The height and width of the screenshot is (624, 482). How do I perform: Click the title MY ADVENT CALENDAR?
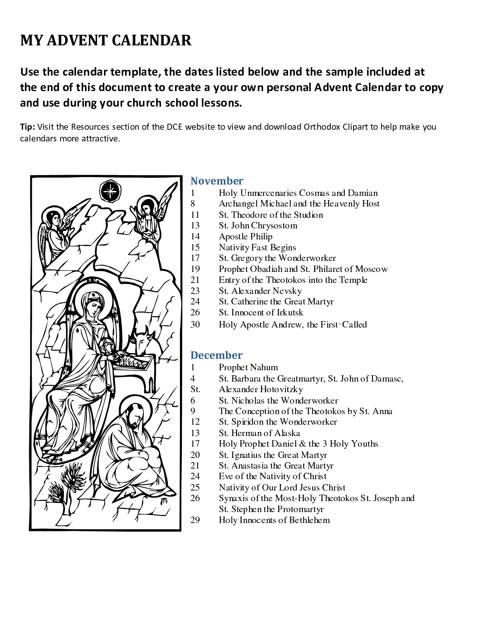point(106,40)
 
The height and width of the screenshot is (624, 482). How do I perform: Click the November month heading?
point(217,181)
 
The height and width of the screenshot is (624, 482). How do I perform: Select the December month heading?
point(216,355)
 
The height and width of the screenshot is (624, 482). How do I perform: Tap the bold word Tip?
point(28,127)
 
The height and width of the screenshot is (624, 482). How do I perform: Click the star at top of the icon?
point(110,191)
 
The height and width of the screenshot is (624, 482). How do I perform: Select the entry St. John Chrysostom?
point(258,225)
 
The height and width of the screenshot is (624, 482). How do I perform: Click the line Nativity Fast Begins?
point(257,247)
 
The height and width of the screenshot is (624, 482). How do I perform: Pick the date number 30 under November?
point(195,324)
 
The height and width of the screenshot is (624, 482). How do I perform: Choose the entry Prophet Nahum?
point(248,367)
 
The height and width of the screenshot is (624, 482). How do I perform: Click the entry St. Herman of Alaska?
point(259,433)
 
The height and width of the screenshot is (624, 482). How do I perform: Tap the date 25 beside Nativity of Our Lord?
point(195,487)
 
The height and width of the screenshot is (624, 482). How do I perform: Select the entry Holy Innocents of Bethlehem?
point(274,520)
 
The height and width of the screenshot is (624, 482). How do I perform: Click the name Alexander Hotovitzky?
point(261,389)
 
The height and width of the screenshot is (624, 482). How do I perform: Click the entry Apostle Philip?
point(245,236)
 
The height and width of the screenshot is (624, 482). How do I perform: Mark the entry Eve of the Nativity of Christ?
point(272,476)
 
